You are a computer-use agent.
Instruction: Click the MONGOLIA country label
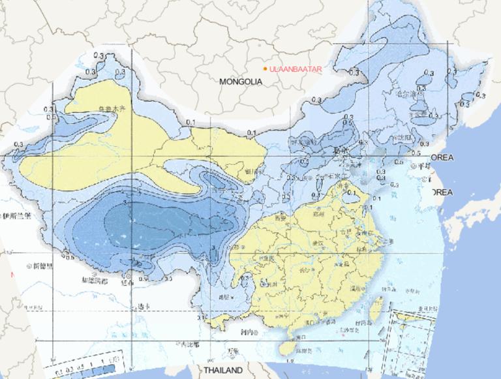pyautogui.click(x=241, y=82)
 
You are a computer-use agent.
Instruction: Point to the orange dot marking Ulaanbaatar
pyautogui.click(x=264, y=68)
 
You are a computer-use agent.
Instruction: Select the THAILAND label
pyautogui.click(x=222, y=370)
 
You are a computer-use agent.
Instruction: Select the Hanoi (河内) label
pyautogui.click(x=245, y=332)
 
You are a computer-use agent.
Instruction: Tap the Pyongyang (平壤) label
pyautogui.click(x=425, y=168)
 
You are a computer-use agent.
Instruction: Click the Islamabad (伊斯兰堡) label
pyautogui.click(x=16, y=216)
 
